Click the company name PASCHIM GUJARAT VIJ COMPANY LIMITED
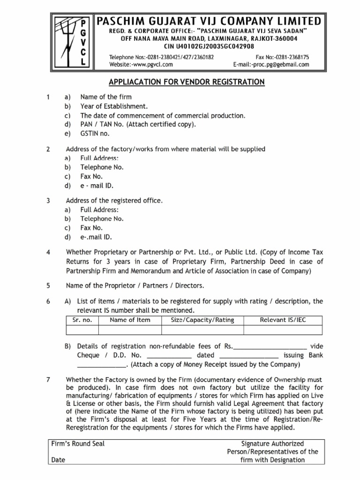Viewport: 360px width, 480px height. point(209,21)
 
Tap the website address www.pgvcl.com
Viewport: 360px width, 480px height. point(141,65)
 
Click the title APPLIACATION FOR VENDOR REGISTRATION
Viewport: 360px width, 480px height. point(187,82)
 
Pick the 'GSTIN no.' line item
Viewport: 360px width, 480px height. point(96,133)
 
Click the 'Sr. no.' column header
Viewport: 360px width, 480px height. point(82,320)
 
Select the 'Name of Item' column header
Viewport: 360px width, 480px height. point(130,320)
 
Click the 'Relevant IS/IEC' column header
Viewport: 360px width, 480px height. point(283,320)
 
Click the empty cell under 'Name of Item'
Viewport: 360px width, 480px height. point(130,330)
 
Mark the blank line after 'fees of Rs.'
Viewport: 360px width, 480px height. point(270,347)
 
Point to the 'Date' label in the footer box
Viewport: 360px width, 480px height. point(58,460)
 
